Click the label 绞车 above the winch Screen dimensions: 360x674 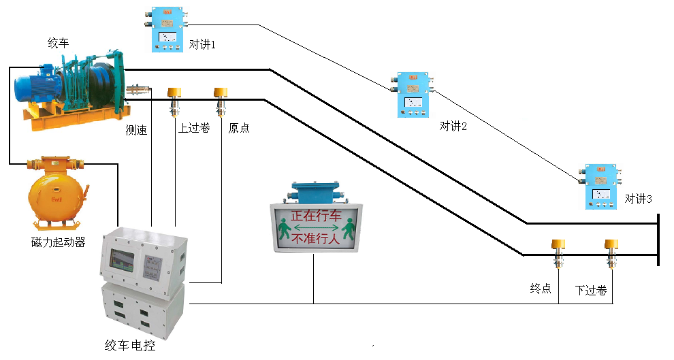[x=58, y=44]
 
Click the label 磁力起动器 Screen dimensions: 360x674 [x=58, y=242]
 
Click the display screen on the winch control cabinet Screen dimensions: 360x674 [x=122, y=263]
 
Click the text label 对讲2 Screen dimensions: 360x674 [x=453, y=126]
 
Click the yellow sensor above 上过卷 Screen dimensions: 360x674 [x=176, y=99]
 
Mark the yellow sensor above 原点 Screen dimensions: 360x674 [x=220, y=99]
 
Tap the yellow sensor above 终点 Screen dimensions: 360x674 [x=558, y=252]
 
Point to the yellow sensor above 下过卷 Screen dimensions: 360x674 [x=611, y=252]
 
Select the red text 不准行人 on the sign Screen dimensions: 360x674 [x=316, y=240]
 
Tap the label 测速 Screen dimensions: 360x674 [x=136, y=130]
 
